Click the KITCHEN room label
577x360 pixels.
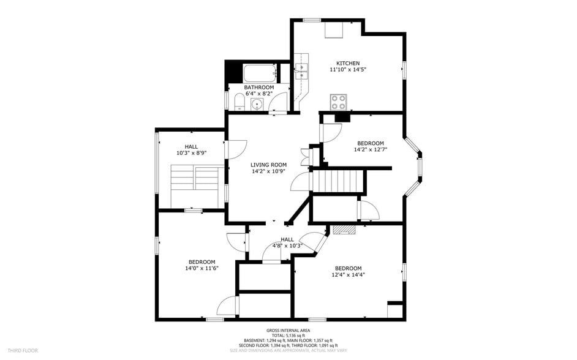(347, 63)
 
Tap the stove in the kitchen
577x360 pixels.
(338, 100)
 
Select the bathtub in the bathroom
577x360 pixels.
(260, 75)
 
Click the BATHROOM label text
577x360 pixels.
(258, 88)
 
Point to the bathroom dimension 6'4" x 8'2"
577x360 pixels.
(258, 94)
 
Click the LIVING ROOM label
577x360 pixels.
(268, 165)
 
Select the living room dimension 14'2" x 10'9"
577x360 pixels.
(268, 171)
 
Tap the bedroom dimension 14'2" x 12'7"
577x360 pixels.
(371, 149)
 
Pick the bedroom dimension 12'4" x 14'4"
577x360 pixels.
(348, 275)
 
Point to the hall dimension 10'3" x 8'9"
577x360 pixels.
(191, 153)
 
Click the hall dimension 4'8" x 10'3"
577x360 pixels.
(287, 246)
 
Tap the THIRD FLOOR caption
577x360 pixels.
(21, 351)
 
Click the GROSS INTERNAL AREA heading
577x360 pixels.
(288, 331)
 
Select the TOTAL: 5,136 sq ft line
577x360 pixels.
(288, 336)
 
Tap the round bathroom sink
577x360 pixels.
(257, 105)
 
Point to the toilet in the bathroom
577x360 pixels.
(238, 101)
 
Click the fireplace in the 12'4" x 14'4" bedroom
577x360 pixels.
(344, 230)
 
